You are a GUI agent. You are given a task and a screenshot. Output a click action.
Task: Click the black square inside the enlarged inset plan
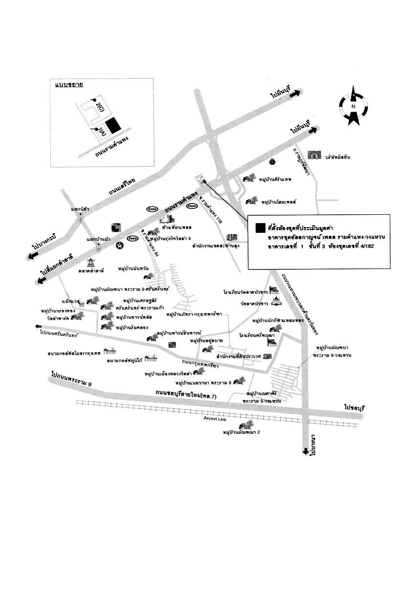[x=113, y=125]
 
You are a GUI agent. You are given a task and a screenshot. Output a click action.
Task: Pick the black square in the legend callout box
[x=261, y=227]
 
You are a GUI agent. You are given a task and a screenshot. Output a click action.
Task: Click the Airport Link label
[x=217, y=419]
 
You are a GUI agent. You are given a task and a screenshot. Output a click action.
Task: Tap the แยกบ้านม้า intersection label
[x=100, y=240]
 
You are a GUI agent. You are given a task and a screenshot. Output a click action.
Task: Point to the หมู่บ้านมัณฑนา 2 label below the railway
[x=242, y=432]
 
